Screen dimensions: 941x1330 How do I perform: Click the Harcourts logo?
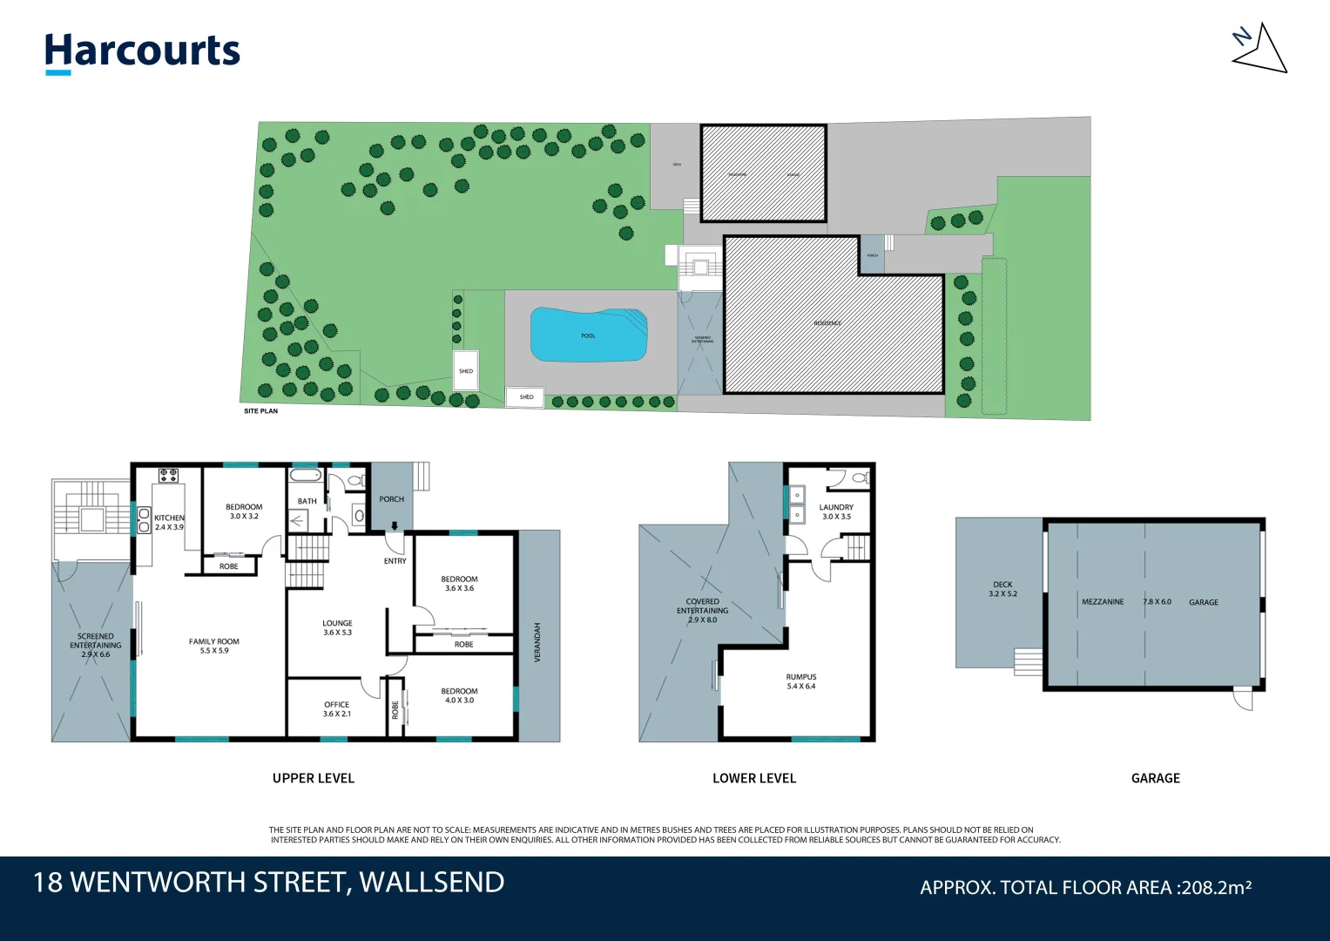[142, 51]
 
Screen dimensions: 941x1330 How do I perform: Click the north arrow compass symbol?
[1259, 50]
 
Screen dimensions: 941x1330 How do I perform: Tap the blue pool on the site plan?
[589, 335]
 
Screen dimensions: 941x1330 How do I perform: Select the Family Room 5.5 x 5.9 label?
[213, 646]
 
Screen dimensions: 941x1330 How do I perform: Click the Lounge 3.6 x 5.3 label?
[337, 627]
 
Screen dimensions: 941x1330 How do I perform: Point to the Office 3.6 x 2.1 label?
[336, 709]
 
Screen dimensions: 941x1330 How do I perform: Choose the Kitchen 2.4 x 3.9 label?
[169, 522]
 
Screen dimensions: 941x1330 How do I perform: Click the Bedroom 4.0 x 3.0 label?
[459, 695]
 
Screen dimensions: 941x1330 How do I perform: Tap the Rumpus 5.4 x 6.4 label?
[800, 681]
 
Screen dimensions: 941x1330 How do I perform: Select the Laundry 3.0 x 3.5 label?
[836, 511]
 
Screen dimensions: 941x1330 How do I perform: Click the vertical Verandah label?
[537, 642]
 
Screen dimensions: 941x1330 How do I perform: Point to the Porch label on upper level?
[391, 499]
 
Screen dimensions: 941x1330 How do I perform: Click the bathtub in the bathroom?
[306, 476]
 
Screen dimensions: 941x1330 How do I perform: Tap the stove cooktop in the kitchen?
[168, 476]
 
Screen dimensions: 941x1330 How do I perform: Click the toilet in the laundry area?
[860, 477]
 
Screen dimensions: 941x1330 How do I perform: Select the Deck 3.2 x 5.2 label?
[1003, 589]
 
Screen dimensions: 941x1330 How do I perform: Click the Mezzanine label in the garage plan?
[1103, 602]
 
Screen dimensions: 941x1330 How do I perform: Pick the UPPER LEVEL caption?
[314, 778]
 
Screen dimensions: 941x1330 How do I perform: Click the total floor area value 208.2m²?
[1216, 888]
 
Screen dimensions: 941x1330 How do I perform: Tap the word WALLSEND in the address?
[431, 883]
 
